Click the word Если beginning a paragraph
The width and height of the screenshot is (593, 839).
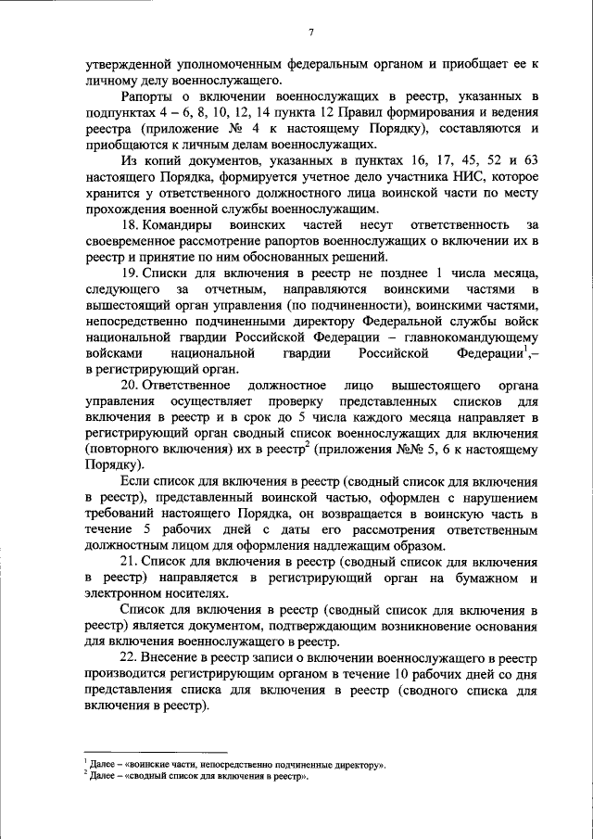tap(133, 482)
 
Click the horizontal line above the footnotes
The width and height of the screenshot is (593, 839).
tap(156, 754)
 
